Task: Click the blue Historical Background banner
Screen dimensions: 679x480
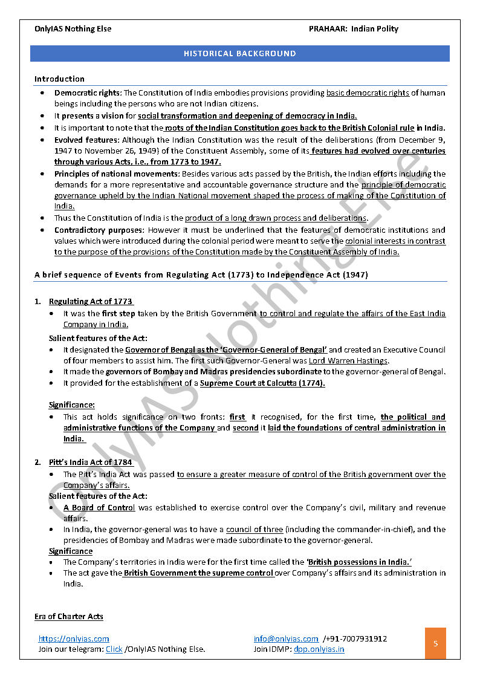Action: coord(240,53)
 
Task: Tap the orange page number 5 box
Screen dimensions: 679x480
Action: coord(435,643)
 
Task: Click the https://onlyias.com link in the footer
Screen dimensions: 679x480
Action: coord(74,638)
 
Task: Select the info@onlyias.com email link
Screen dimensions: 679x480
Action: coord(286,638)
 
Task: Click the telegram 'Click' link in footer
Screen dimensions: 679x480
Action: coord(114,649)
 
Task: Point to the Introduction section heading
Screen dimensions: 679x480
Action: coord(59,79)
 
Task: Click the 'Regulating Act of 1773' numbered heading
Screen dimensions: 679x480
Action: coord(91,301)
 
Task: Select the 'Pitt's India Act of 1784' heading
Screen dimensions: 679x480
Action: coord(91,463)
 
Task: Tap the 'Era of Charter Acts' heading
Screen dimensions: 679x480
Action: coord(68,617)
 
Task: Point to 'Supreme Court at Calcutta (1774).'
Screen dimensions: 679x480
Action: coord(262,383)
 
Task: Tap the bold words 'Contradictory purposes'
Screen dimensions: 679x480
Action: coord(99,230)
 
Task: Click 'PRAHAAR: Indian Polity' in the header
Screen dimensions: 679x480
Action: coord(353,28)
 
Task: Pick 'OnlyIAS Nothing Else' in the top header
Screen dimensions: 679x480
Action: coord(73,28)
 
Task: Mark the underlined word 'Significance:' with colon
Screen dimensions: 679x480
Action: coord(71,405)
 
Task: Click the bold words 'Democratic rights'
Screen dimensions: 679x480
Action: coord(88,93)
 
